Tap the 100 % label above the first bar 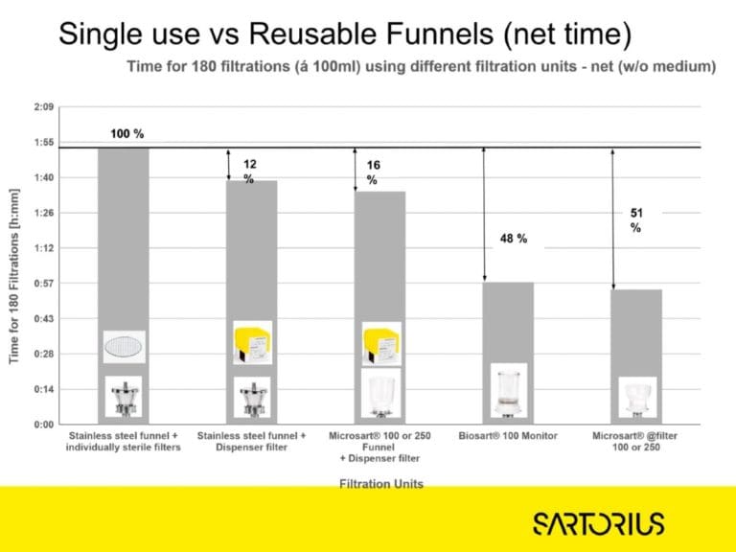126,134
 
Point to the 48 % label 513,238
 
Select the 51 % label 635,220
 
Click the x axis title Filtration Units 381,484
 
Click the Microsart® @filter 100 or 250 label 634,442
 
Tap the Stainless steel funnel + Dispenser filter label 252,442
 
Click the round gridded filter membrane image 125,346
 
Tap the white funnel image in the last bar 636,396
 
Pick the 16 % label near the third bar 374,172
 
